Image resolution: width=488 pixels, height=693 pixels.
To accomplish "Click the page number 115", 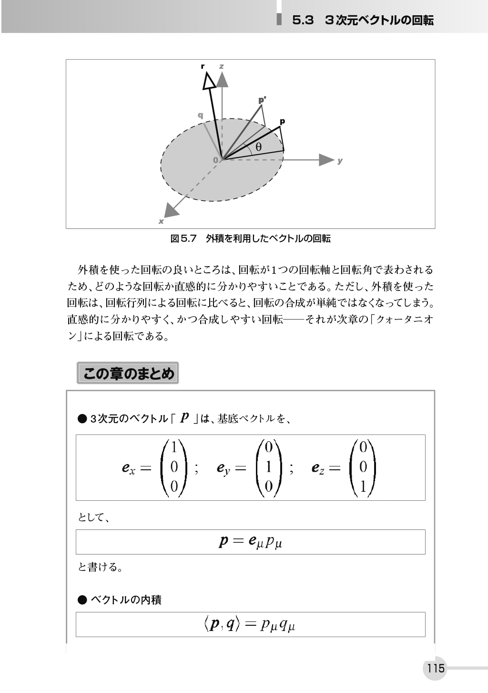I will pos(436,668).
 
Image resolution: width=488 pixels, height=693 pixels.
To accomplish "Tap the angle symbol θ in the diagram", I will pos(258,147).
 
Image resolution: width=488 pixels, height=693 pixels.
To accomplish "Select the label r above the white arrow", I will pos(203,66).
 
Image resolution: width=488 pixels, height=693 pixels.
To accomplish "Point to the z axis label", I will pos(222,66).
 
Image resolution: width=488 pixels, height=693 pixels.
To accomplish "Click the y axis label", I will pos(340,161).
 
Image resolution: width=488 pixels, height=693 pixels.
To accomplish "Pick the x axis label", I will pos(161,221).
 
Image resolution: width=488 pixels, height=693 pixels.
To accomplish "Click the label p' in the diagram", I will pos(262,100).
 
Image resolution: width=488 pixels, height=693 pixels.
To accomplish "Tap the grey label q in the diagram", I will pos(201,115).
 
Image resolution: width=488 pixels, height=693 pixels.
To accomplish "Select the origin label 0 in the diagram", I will pos(215,160).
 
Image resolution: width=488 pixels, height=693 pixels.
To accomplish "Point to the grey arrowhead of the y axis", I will pos(326,160).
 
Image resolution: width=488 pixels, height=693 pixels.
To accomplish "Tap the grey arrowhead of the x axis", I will pos(169,210).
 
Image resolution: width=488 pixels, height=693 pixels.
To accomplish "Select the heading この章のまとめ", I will pos(128,373).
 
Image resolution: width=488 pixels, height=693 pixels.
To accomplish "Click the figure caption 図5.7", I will pos(183,238).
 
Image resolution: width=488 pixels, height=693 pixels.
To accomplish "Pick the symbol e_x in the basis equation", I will pos(128,468).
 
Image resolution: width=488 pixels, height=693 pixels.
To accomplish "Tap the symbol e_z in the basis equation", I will pos(318,468).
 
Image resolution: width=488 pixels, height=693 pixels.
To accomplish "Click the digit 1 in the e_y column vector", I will pos(268,467).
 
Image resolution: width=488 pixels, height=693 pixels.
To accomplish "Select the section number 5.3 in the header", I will pos(304,20).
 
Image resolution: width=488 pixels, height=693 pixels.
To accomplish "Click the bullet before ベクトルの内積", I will pos(82,600).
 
